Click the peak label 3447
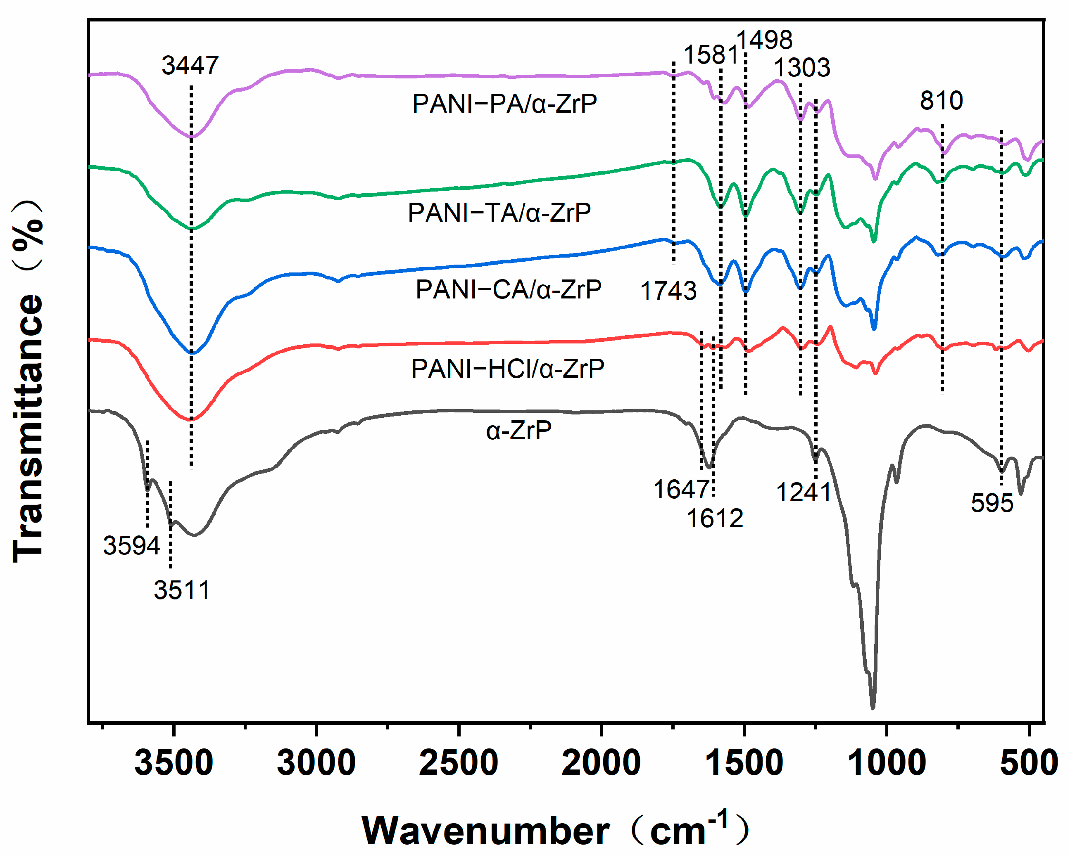[190, 66]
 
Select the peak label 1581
[711, 54]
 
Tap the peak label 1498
[764, 40]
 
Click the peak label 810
[942, 101]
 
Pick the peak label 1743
[668, 291]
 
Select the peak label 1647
[681, 490]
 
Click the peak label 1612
[715, 519]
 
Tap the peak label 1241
[804, 492]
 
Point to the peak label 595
[992, 503]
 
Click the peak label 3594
[131, 546]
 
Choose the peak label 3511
[182, 590]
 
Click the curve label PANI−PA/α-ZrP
[505, 104]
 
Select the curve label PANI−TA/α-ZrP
[499, 213]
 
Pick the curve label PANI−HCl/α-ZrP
[508, 369]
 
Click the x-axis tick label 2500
[459, 763]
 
